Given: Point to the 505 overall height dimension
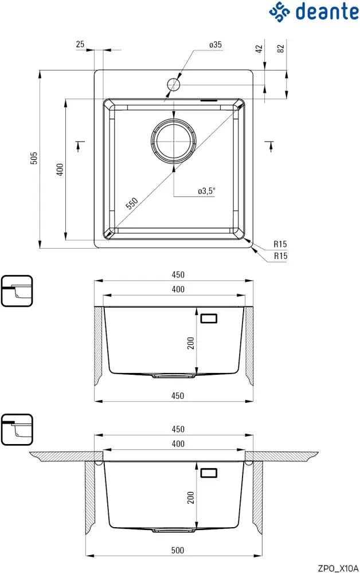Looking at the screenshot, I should point(34,159).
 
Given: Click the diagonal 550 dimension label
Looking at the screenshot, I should point(132,204).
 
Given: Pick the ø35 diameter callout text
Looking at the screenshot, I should point(216,45).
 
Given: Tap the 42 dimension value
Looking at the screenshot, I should point(259,49).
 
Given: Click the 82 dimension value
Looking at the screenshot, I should point(280,49).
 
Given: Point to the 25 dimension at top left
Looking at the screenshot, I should point(80,44).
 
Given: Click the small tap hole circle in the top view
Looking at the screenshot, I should point(174,85).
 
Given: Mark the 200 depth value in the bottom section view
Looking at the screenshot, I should point(191,498).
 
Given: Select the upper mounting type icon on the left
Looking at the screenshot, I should point(17,291).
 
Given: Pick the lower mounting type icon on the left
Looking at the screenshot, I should point(17,430).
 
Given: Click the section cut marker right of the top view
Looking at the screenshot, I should point(271,147).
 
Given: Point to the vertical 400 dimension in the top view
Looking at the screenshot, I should point(60,169).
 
